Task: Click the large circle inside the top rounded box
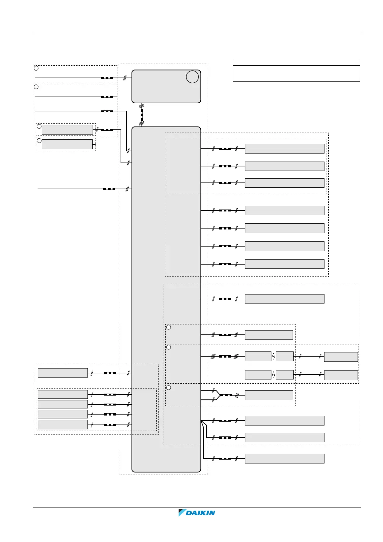coord(192,77)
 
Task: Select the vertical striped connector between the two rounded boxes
coord(142,115)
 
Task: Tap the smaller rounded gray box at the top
coord(166,86)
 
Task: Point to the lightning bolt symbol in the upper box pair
coord(274,357)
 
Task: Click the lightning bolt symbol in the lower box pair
coord(274,375)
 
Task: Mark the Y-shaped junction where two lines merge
coord(219,395)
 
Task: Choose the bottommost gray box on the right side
coord(285,459)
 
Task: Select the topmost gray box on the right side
coord(285,149)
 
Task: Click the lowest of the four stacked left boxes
coord(63,425)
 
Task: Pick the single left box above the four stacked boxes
coord(63,373)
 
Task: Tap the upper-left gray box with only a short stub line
coord(67,144)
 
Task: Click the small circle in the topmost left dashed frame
coord(36,68)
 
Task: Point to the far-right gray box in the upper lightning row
coord(341,357)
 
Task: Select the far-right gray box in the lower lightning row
coord(341,375)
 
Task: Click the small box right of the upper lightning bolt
coord(285,357)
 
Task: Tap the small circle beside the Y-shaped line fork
coord(169,388)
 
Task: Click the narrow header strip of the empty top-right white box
coord(296,63)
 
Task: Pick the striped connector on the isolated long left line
coord(109,189)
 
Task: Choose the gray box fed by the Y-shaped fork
coord(269,395)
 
